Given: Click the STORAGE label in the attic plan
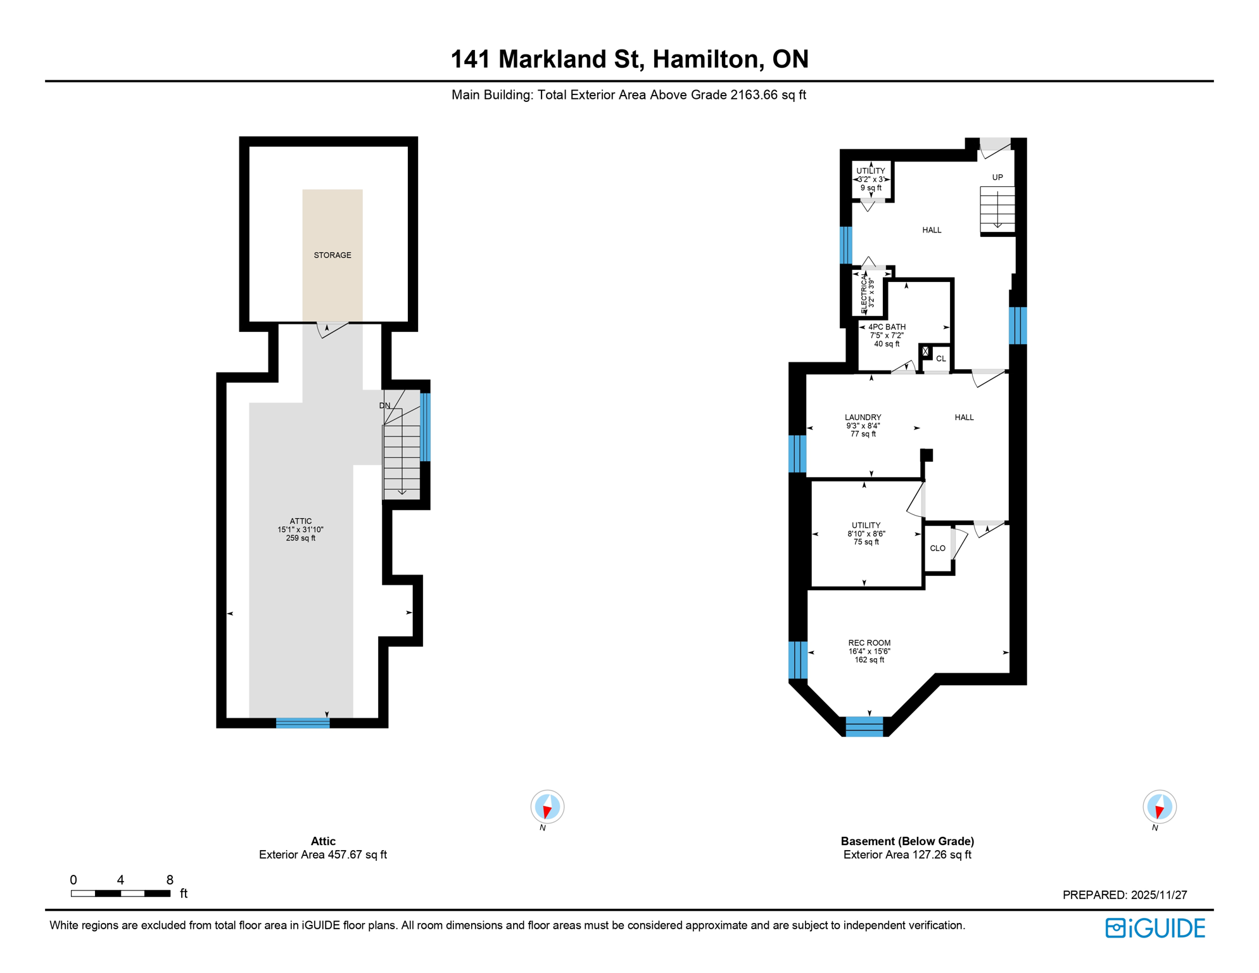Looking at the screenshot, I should (x=332, y=255).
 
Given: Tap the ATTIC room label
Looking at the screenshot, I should (x=301, y=521).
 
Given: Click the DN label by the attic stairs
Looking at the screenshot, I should (x=385, y=405).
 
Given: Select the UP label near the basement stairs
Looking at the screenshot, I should (x=997, y=177).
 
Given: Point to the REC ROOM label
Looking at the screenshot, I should (x=869, y=643).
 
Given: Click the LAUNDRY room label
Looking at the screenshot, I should (x=863, y=417).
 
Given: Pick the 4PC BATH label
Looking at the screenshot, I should (x=887, y=328).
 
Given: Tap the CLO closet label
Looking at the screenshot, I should (x=937, y=549).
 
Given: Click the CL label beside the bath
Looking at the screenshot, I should (x=941, y=359).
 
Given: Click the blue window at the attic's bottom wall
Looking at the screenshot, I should (x=303, y=723).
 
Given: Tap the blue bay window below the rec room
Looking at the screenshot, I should (x=864, y=727).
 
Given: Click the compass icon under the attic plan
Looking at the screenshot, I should (x=547, y=807).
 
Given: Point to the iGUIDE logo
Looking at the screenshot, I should (x=1155, y=928).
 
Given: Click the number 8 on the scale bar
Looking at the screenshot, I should (x=170, y=880).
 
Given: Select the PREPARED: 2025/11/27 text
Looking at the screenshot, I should (x=1125, y=895).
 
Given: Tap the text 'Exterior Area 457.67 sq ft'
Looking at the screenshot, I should (x=323, y=855).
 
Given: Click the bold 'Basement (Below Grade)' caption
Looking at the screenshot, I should (x=907, y=841).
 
